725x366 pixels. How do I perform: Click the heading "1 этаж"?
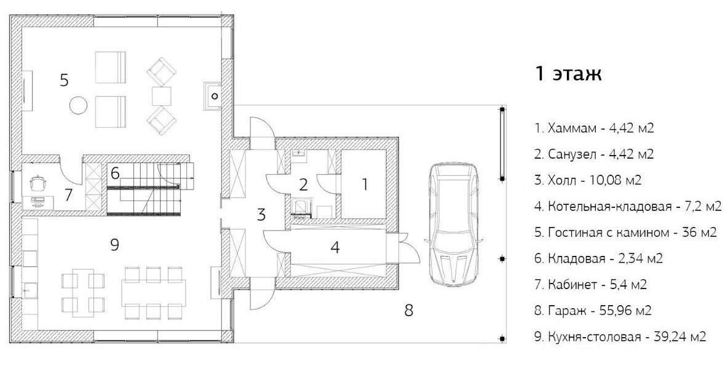point(568,74)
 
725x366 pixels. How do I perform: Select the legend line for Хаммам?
point(593,128)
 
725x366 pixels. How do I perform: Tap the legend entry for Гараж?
point(593,311)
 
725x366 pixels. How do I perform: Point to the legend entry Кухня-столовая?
point(620,337)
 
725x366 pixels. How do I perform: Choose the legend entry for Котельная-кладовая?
point(628,206)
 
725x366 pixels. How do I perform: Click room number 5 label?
point(65,80)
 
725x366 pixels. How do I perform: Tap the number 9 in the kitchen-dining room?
point(115,244)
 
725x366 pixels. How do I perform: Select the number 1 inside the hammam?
point(365,185)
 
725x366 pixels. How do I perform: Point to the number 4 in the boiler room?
point(336,247)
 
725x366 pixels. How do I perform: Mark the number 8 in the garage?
point(408,310)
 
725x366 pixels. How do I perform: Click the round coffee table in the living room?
point(78,105)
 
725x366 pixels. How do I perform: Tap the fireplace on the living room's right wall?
point(213,96)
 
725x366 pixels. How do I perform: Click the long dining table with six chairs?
point(154,293)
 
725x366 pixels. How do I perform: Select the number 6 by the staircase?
point(115,173)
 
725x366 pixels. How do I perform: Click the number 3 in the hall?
point(261,215)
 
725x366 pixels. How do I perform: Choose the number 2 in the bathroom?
point(303,185)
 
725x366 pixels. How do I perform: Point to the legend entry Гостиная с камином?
point(625,233)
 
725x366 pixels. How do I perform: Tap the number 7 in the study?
point(68,195)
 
